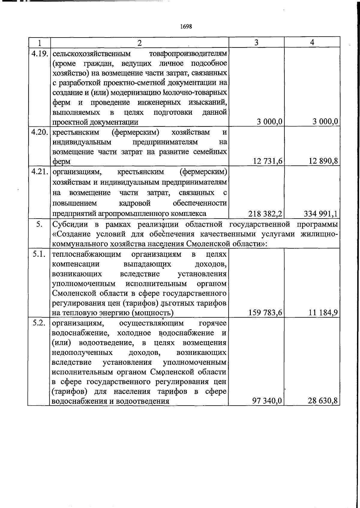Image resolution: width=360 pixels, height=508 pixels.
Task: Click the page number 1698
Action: click(x=186, y=26)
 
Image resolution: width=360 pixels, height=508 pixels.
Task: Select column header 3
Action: click(x=256, y=42)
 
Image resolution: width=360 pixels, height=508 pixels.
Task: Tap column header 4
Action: click(x=312, y=42)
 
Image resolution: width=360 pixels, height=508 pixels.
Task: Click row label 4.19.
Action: click(x=40, y=54)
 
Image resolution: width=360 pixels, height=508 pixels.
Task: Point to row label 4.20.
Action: click(x=40, y=132)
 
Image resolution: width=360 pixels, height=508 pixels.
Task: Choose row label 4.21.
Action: click(x=40, y=172)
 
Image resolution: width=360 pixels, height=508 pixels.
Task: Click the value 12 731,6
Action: click(x=268, y=161)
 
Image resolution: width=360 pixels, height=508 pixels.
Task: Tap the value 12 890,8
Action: click(x=323, y=161)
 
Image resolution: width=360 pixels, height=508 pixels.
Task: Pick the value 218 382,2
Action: click(x=265, y=213)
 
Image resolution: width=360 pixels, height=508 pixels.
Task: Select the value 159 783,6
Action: click(x=265, y=313)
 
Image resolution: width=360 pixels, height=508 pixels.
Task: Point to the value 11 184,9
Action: click(x=323, y=313)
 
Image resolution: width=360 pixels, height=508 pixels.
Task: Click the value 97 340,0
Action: click(x=267, y=401)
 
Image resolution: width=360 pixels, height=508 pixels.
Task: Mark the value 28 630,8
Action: click(x=323, y=401)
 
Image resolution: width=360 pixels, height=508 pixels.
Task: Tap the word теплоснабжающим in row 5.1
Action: click(x=86, y=255)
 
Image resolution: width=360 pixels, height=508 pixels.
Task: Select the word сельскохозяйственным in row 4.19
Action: click(x=91, y=54)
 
